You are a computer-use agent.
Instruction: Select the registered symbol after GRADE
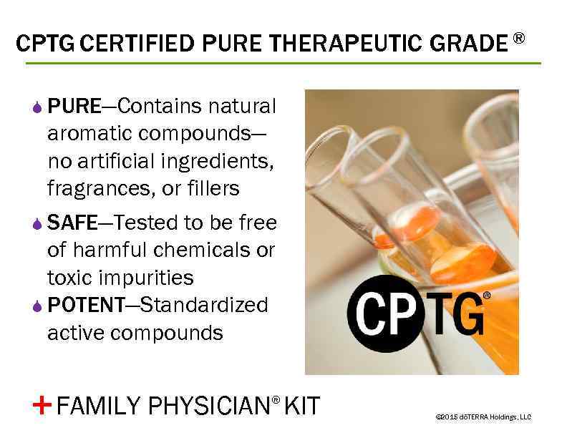pyautogui.click(x=518, y=37)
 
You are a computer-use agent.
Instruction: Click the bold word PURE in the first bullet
pyautogui.click(x=74, y=107)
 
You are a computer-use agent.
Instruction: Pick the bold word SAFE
pyautogui.click(x=72, y=223)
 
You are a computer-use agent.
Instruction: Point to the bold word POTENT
pyautogui.click(x=86, y=306)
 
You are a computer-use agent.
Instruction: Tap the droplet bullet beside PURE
pyautogui.click(x=38, y=108)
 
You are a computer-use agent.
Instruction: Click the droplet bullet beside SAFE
pyautogui.click(x=38, y=224)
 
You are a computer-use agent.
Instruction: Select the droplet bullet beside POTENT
pyautogui.click(x=38, y=306)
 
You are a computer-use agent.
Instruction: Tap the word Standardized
pyautogui.click(x=204, y=306)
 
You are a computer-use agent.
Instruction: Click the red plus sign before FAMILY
pyautogui.click(x=42, y=405)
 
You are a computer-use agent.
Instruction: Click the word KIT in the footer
pyautogui.click(x=302, y=406)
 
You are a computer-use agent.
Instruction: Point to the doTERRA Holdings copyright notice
pyautogui.click(x=483, y=417)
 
